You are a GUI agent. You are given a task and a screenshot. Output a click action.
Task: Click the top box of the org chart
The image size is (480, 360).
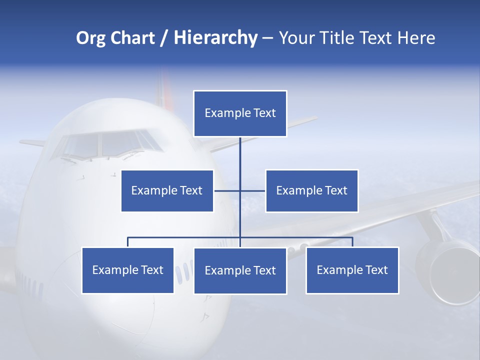click(x=240, y=113)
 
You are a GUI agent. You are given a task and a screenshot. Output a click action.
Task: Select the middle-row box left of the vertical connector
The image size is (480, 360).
click(x=167, y=190)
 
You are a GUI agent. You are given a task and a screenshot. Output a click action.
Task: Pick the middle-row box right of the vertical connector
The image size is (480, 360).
click(x=311, y=190)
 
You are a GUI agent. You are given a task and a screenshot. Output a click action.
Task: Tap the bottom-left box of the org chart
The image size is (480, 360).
click(x=127, y=270)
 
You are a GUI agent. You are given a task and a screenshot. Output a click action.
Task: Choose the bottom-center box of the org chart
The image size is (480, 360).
click(x=240, y=270)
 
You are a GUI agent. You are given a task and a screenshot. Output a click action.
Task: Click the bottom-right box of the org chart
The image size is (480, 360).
click(x=352, y=270)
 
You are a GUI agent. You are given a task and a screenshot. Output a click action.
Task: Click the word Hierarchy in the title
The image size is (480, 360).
click(x=215, y=38)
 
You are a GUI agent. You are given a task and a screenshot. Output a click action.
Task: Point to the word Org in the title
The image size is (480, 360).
click(x=90, y=38)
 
